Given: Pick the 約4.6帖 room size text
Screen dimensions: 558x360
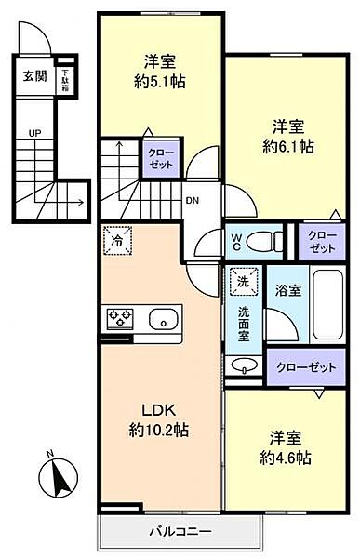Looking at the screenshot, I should click(285, 458).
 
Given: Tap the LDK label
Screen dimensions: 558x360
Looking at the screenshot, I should click(159, 409).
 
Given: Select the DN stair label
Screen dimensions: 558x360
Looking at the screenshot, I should click(192, 199).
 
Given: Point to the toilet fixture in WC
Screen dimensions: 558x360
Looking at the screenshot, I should click(268, 241).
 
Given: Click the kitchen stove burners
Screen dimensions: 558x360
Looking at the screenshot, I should click(120, 319).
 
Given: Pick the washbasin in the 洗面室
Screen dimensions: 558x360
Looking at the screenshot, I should click(245, 365).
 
